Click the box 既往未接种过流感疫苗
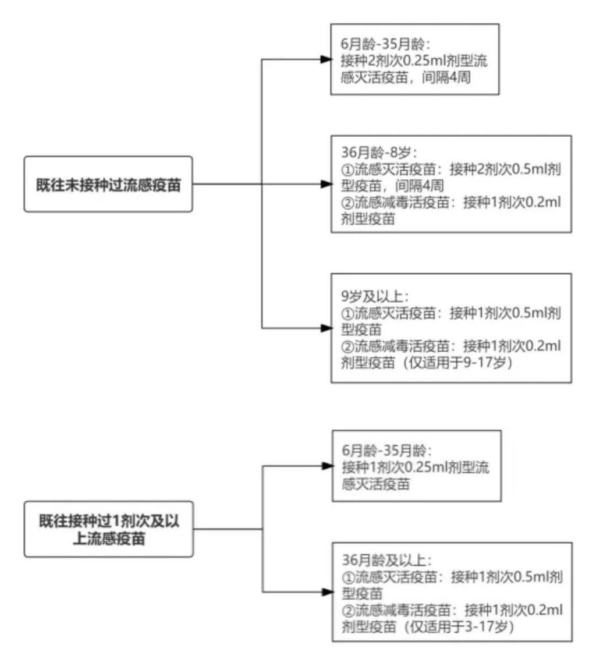click(108, 184)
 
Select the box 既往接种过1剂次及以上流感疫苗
click(108, 529)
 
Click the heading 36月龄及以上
click(388, 561)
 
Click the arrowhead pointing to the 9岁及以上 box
click(326, 328)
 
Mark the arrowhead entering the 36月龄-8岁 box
click(326, 184)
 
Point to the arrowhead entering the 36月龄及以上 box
click(326, 592)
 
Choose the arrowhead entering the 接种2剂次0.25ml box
click(326, 59)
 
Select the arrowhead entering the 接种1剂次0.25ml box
click(326, 466)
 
